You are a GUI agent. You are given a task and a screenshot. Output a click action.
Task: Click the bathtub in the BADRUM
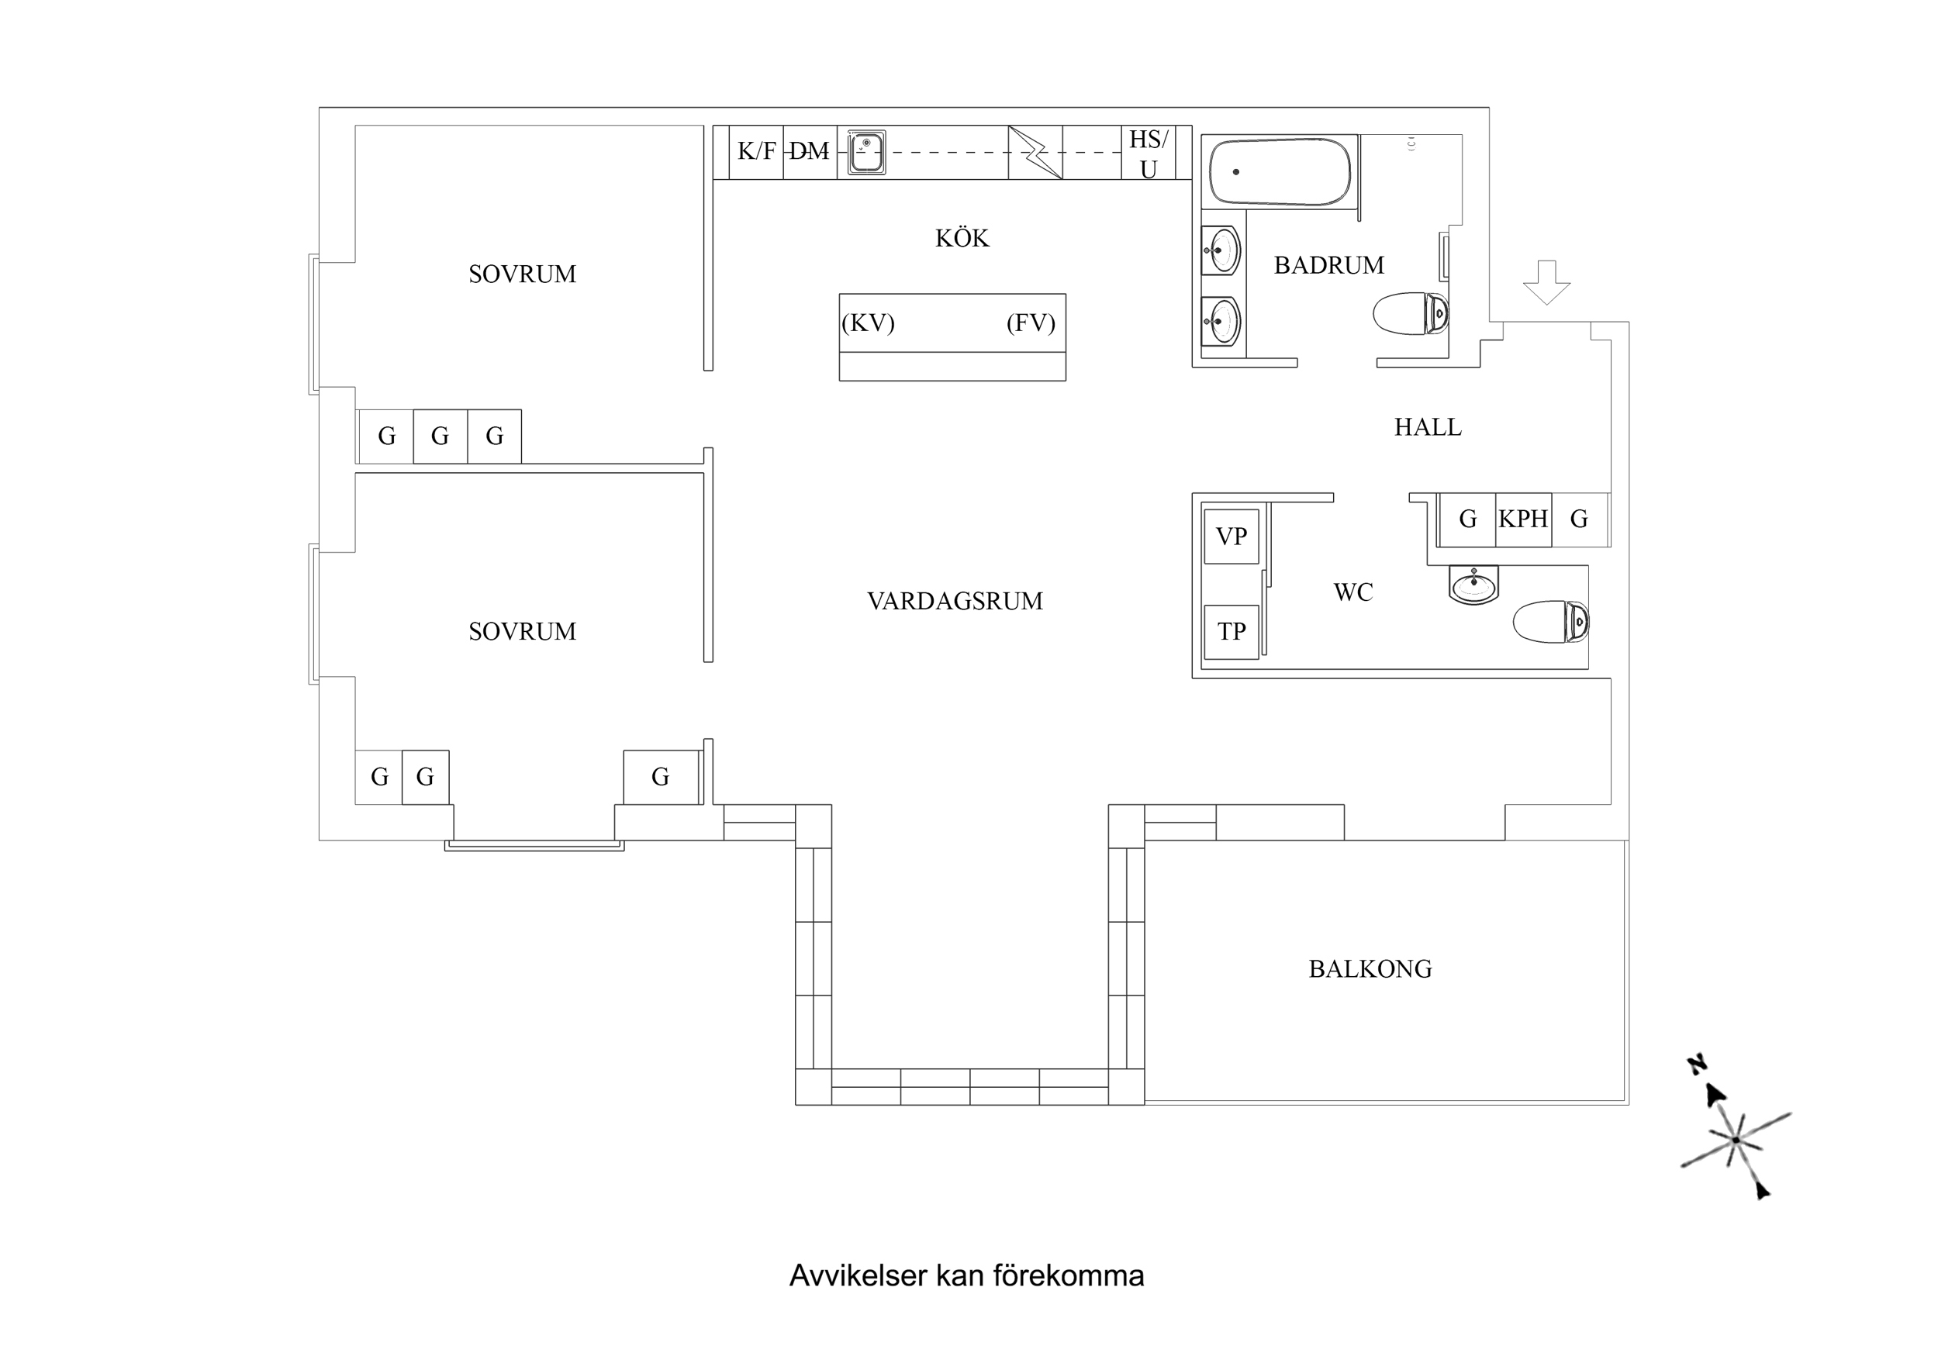pos(1280,172)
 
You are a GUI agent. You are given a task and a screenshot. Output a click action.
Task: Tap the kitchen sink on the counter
pos(866,153)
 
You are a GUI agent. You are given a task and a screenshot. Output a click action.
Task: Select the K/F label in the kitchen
pos(756,151)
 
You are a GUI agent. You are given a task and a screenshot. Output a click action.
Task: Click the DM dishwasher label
pos(810,151)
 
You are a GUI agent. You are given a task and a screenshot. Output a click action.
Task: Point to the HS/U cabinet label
pos(1148,154)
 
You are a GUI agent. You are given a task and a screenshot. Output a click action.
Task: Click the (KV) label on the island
pos(868,323)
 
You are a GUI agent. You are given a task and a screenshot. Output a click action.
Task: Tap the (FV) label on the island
pos(1031,323)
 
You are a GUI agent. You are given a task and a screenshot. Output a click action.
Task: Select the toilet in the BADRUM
pos(1411,314)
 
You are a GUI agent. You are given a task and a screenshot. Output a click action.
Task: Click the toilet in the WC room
pos(1552,622)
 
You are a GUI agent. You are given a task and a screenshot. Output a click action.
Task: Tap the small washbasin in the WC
pos(1473,584)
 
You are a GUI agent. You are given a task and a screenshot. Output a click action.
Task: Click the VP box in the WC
pos(1232,536)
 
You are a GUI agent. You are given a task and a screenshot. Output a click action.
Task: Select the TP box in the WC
pos(1232,631)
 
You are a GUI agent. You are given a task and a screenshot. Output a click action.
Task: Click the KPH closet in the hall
pos(1523,518)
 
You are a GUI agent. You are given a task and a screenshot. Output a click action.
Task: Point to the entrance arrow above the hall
pos(1546,283)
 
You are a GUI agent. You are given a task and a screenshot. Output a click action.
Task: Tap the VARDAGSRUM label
pos(955,601)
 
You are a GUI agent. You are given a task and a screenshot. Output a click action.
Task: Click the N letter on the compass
pos(1697,1065)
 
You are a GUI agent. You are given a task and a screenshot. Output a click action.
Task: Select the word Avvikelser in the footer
pos(858,1275)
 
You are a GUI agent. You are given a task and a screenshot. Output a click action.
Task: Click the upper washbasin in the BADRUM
pos(1221,250)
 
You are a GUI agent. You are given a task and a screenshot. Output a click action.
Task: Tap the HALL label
pos(1428,427)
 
